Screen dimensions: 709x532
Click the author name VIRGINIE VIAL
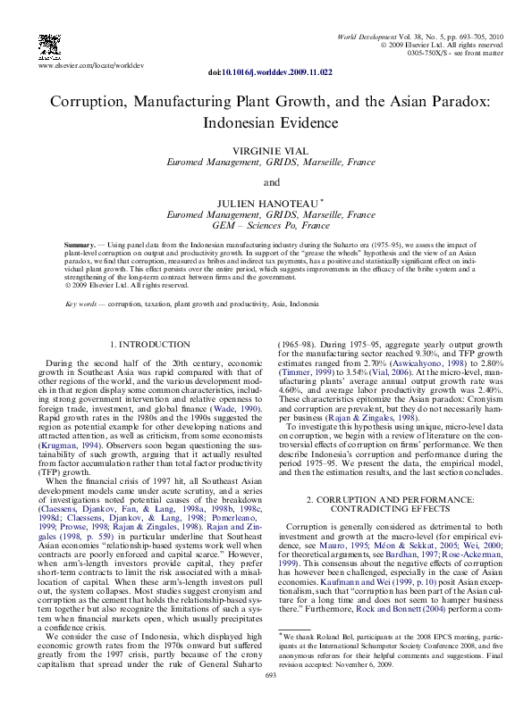[x=266, y=152]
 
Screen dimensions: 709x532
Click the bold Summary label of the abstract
[x=84, y=244]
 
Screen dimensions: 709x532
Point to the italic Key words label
[x=82, y=304]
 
